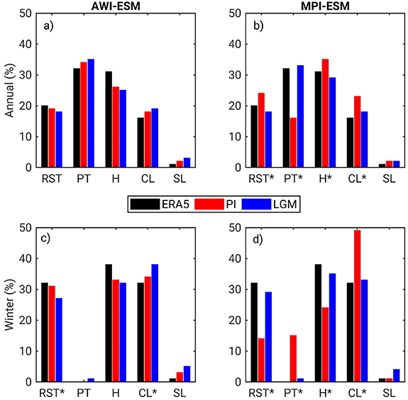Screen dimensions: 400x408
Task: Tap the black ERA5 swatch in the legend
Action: tap(145, 204)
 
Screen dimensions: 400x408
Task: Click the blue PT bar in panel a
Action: tap(90, 113)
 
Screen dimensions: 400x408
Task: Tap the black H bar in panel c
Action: tap(109, 323)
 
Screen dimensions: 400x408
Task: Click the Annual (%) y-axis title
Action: tap(9, 91)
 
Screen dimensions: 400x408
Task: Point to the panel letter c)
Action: tap(46, 239)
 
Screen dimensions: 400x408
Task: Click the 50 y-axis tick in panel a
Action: tap(26, 13)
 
